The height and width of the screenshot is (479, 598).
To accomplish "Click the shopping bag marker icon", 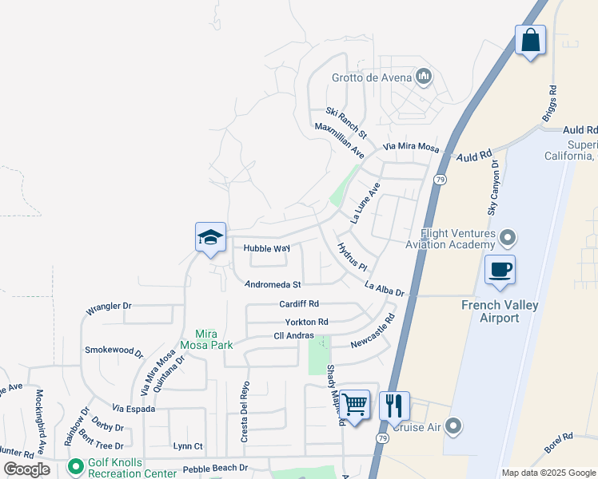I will (x=530, y=39).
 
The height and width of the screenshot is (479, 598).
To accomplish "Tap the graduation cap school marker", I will (x=210, y=237).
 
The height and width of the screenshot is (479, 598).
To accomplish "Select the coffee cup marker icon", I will (x=500, y=269).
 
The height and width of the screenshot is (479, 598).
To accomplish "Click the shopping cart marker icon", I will (x=354, y=405).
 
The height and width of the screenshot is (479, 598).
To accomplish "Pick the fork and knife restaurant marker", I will (x=394, y=406).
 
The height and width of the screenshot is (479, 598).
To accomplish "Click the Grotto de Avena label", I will (x=372, y=77).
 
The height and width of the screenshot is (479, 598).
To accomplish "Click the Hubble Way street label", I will (x=266, y=248).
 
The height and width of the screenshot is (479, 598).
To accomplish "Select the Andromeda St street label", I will (x=273, y=284).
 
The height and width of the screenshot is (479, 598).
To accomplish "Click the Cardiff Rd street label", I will (x=299, y=304).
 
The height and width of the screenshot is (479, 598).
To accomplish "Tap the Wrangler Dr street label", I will (x=108, y=306).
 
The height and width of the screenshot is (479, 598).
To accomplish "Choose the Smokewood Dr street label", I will (x=114, y=350).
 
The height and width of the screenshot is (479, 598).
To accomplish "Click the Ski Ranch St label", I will (x=345, y=121).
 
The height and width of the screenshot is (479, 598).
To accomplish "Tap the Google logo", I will (x=27, y=469).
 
